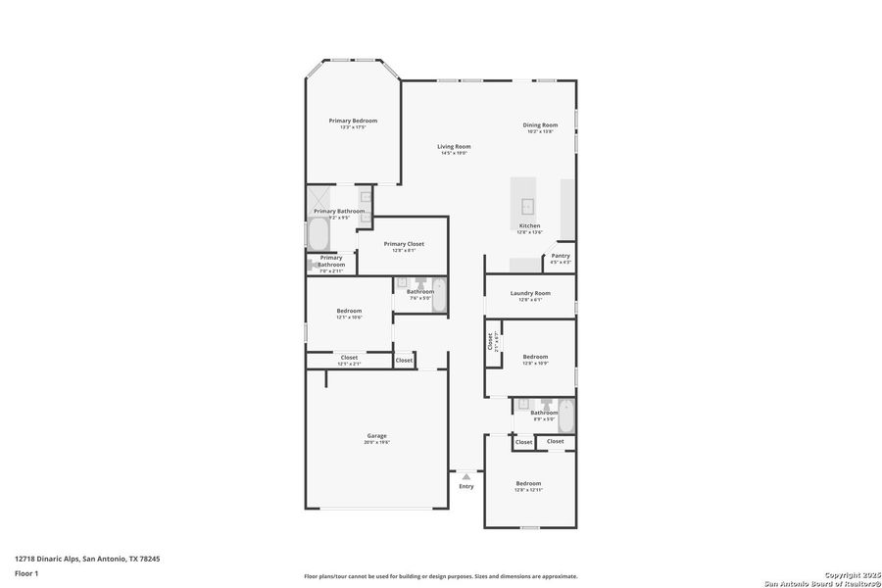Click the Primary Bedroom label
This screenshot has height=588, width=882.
[x=352, y=121]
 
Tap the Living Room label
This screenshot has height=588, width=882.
[x=454, y=147]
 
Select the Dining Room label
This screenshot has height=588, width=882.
[x=540, y=124]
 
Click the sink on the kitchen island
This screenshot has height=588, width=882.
[x=527, y=206]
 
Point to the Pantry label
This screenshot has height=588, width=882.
[x=560, y=256]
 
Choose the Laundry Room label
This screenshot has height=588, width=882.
[x=530, y=293]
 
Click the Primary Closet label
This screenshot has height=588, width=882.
[x=403, y=244]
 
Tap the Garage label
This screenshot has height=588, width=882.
[x=377, y=436]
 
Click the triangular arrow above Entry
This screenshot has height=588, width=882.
[x=466, y=476]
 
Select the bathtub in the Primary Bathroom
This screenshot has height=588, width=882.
[x=318, y=234]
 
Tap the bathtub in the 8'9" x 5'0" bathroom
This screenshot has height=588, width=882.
[x=565, y=416]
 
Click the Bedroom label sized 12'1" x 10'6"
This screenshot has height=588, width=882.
[x=349, y=311]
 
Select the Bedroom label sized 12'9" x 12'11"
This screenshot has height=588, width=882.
[x=528, y=484]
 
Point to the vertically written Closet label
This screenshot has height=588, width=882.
[x=490, y=341]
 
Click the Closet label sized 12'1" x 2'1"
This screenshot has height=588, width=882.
[x=349, y=358]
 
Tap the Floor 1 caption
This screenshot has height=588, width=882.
[x=25, y=572]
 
